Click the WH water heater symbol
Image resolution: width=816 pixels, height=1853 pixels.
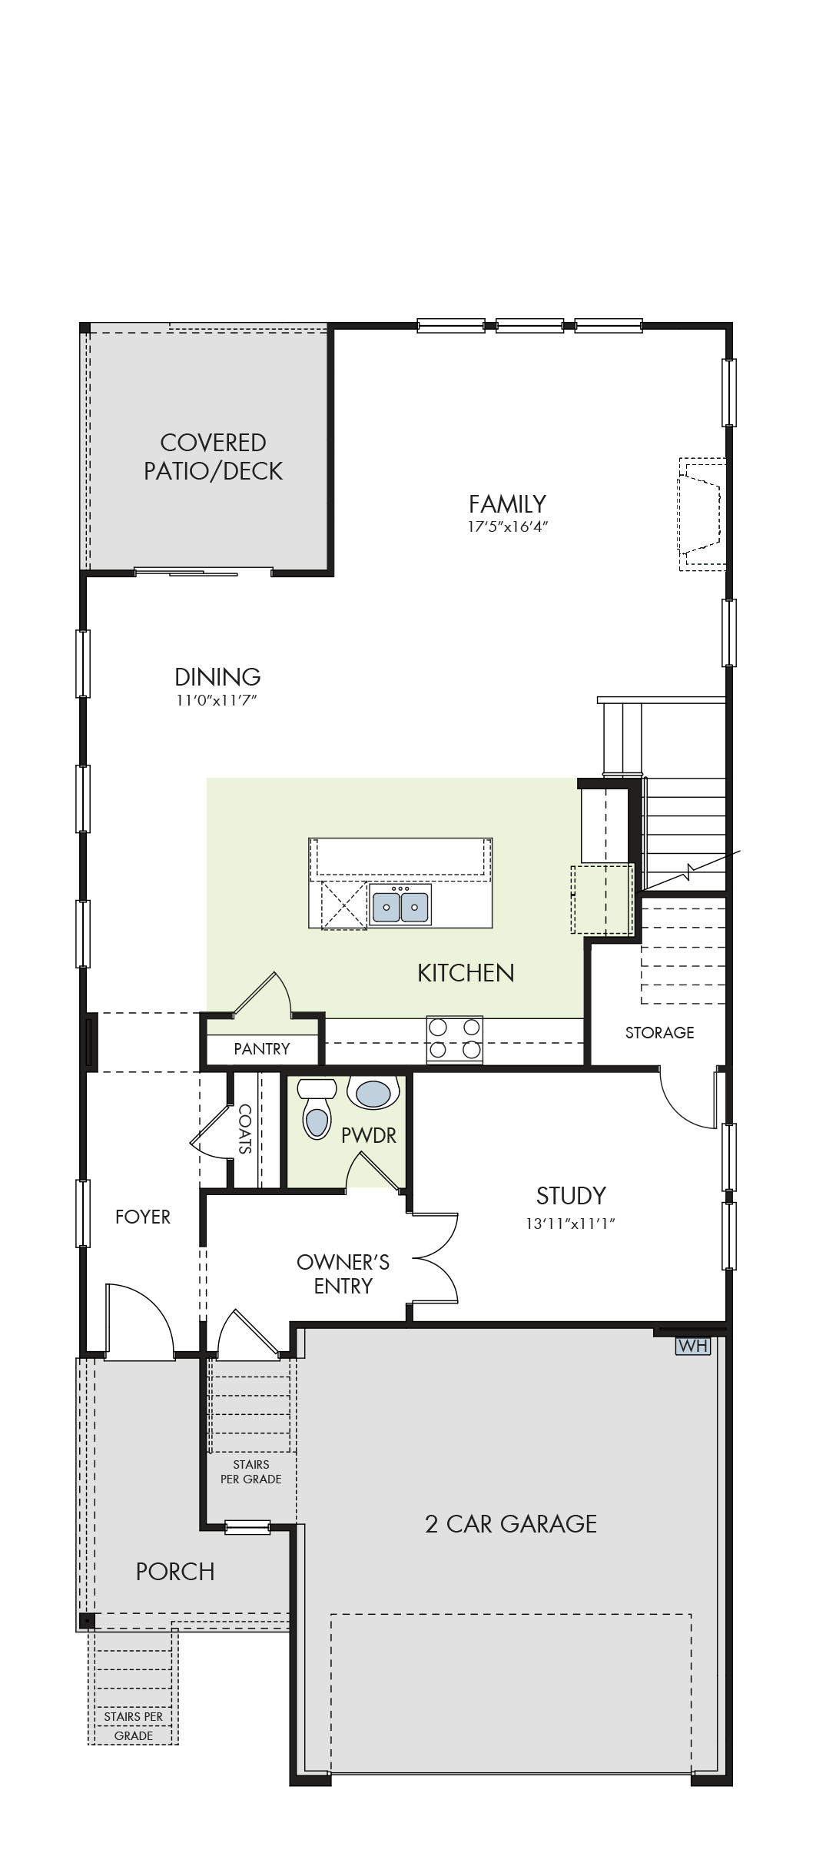[x=692, y=1346]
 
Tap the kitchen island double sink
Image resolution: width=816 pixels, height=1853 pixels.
[x=400, y=905]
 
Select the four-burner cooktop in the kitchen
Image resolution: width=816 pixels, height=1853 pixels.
[x=455, y=1039]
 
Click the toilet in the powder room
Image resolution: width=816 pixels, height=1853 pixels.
[x=317, y=1107]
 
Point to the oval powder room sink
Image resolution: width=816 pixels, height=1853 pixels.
[x=373, y=1093]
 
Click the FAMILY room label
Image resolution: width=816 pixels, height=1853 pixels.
[x=508, y=504]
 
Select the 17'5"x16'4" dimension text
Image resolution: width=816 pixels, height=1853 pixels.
[x=508, y=527]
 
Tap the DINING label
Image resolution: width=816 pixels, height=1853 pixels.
[x=217, y=677]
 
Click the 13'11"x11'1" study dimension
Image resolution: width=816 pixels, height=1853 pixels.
[x=571, y=1224]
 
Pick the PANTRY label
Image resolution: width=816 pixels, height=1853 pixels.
[x=262, y=1049]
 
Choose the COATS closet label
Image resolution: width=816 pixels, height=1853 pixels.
[x=245, y=1129]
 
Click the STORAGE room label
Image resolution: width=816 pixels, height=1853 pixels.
[x=659, y=1033]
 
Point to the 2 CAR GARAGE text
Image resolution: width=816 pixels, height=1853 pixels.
[x=511, y=1524]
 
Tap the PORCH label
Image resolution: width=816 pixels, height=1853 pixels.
[x=175, y=1572]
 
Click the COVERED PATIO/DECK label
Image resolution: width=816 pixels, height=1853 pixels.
[x=214, y=457]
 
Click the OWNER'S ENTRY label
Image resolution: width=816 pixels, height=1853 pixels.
[x=343, y=1274]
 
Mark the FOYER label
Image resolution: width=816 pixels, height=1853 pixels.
[x=143, y=1217]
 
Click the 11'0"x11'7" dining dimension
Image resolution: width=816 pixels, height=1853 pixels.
[x=217, y=700]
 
